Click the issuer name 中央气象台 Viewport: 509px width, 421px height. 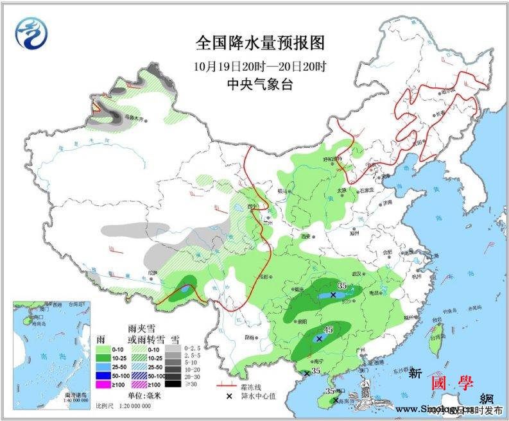click(260, 83)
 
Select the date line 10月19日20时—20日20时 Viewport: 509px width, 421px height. click(260, 65)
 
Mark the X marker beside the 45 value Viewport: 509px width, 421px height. click(319, 338)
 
